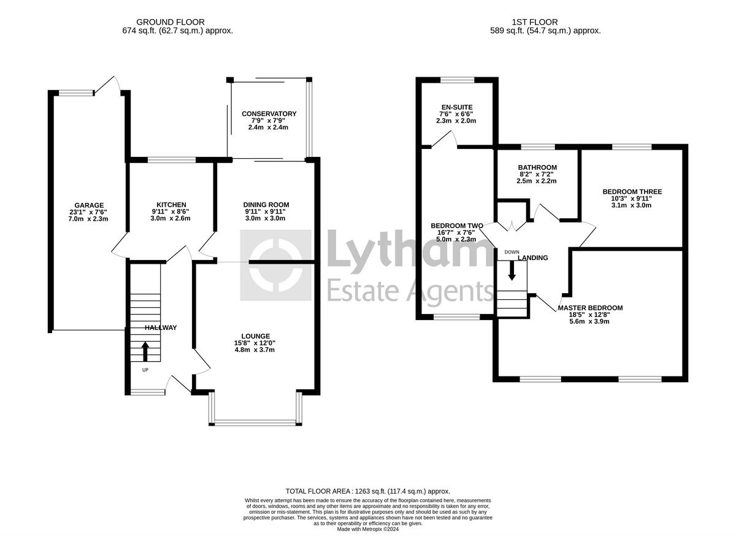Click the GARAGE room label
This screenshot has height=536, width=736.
(x=89, y=205)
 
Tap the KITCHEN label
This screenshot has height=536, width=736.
(x=171, y=205)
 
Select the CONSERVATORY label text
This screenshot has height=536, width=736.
(x=269, y=114)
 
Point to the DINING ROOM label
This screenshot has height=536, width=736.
(x=266, y=205)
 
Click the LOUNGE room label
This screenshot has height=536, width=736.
(x=256, y=336)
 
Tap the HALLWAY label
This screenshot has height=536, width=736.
(x=161, y=328)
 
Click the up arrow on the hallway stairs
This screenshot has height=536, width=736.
(x=145, y=352)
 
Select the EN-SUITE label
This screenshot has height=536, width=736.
(x=457, y=107)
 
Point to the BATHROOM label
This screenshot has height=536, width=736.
(x=537, y=167)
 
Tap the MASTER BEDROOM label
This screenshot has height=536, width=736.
(x=590, y=308)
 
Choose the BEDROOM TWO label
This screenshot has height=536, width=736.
(x=457, y=226)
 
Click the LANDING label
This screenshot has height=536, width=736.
(x=532, y=258)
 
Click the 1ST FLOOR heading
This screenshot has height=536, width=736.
(x=545, y=22)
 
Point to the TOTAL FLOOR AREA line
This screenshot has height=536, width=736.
(x=368, y=491)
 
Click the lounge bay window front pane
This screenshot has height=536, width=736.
(x=255, y=422)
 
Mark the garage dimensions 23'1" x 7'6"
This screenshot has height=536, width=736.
(x=89, y=212)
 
